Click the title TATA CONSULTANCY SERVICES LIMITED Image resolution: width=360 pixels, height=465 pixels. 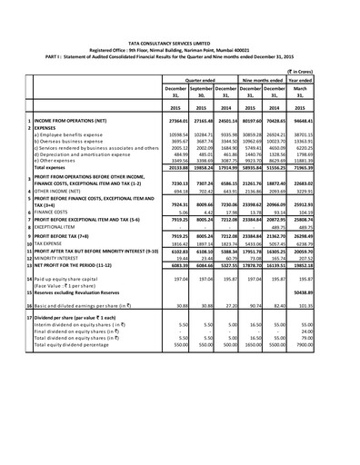(179, 35)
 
